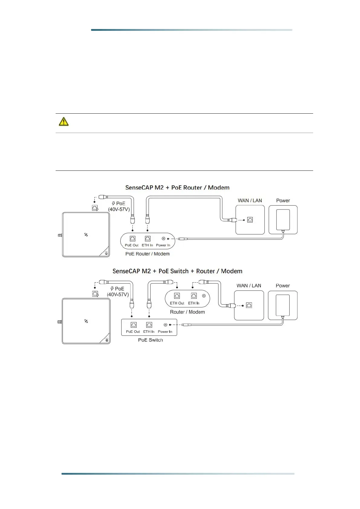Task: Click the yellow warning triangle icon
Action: tap(63, 122)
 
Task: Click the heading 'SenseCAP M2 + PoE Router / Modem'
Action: tap(177, 188)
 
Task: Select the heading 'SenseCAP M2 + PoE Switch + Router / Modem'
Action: tap(177, 271)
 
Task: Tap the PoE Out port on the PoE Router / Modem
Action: tap(132, 239)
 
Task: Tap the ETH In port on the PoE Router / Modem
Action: tap(148, 239)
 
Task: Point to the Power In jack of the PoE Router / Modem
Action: tap(164, 239)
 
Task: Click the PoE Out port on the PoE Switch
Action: tap(133, 325)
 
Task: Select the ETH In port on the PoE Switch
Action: tap(149, 325)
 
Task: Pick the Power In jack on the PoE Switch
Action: tap(165, 325)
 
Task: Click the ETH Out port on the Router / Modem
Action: tap(177, 296)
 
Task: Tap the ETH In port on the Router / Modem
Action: tap(194, 296)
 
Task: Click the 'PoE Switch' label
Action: tap(151, 340)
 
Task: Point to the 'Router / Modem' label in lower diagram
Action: tap(187, 312)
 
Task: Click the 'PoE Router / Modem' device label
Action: tap(148, 254)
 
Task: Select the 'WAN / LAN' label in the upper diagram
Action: tap(250, 201)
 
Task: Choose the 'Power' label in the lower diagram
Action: tap(283, 286)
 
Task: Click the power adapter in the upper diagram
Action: tap(283, 220)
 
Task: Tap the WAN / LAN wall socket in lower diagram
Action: tap(249, 305)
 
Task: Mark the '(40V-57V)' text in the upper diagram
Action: tap(119, 209)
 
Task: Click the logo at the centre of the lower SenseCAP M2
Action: tap(86, 321)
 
